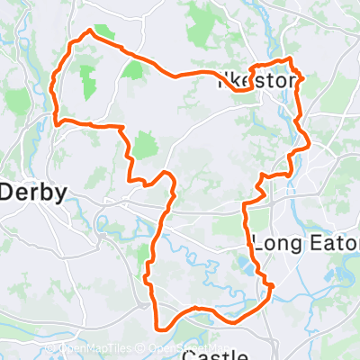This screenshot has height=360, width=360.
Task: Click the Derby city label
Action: click(32, 193)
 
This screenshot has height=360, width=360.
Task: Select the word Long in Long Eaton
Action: click(274, 242)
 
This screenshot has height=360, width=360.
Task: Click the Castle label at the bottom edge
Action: click(216, 355)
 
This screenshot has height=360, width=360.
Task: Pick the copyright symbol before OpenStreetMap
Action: click(145, 351)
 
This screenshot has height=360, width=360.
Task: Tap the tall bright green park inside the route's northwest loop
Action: click(88, 83)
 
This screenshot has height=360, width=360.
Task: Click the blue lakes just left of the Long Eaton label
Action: click(243, 263)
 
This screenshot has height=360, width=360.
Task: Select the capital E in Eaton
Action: click(309, 242)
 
